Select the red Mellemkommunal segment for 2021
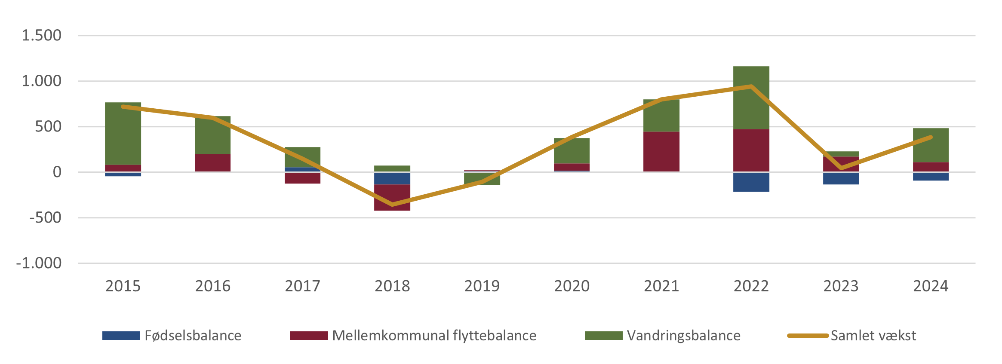661,151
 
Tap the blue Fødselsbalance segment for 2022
751,182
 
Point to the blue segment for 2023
841,179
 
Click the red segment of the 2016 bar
212,163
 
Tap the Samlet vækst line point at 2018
392,205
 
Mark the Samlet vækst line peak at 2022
751,86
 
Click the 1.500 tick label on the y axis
41,35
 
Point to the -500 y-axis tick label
45,217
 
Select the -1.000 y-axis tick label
39,263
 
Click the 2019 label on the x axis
482,286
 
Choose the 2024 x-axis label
931,286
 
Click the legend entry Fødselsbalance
192,336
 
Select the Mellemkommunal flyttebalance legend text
434,336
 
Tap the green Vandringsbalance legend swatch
603,336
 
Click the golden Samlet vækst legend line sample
807,336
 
